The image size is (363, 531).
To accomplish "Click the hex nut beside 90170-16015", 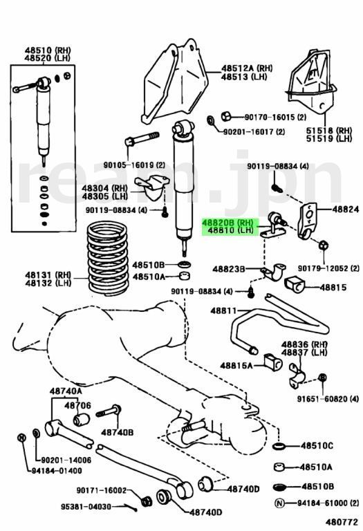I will pos(225,115).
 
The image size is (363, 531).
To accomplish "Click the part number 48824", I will pos(345,208).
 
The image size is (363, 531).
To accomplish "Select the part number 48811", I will pos(224,312).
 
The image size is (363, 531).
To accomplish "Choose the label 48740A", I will pos(66,391).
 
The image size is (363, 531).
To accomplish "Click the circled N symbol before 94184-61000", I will pos(280,502).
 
